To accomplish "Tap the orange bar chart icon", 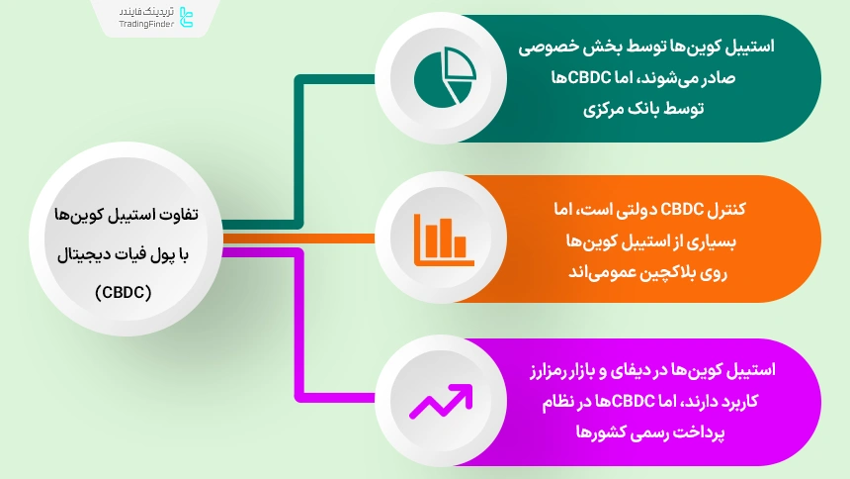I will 440,238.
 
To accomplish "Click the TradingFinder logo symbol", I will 188,17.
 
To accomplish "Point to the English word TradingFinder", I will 145,24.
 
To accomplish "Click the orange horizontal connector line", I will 297,238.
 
